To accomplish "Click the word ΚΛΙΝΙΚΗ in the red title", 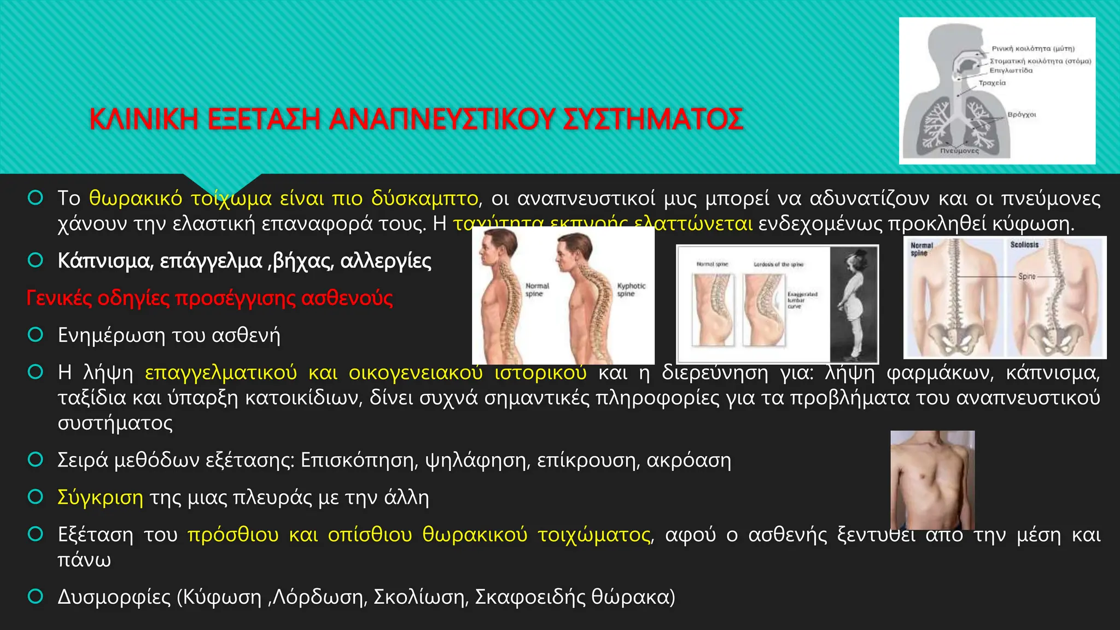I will pyautogui.click(x=144, y=119).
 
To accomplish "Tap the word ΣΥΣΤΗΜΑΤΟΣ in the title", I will pyautogui.click(x=653, y=119).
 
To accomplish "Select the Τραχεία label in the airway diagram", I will pyautogui.click(x=992, y=83).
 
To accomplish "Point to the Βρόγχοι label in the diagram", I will pyautogui.click(x=1022, y=115).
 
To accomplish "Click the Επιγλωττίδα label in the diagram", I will pyautogui.click(x=1011, y=71).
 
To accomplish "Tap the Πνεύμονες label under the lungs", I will pyautogui.click(x=960, y=150).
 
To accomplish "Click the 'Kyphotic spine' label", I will pyautogui.click(x=631, y=290).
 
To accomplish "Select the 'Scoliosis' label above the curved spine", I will pyautogui.click(x=1024, y=245).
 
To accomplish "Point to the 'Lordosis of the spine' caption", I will pyautogui.click(x=778, y=265).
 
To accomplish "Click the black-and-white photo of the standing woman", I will pyautogui.click(x=853, y=304).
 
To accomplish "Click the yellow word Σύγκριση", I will pyautogui.click(x=101, y=498).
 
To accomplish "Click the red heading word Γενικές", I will pyautogui.click(x=59, y=299).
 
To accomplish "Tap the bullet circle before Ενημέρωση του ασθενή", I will pyautogui.click(x=36, y=335).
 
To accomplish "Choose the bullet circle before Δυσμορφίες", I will pyautogui.click(x=36, y=597).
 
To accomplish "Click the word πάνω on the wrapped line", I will pyautogui.click(x=84, y=560).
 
